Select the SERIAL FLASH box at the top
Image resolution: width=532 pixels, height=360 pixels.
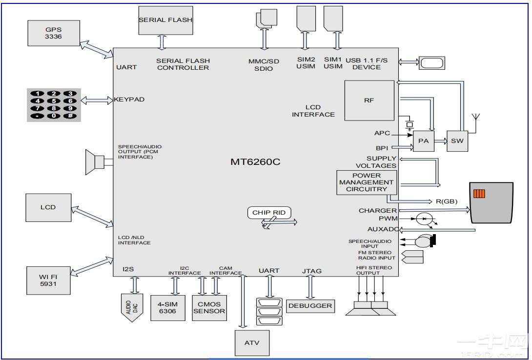[x=165, y=20]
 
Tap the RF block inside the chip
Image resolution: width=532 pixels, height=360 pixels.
[x=369, y=100]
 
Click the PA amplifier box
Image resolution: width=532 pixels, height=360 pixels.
[x=423, y=141]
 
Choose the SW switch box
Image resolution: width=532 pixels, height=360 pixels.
[x=457, y=141]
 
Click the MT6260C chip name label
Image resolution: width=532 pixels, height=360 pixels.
[x=255, y=162]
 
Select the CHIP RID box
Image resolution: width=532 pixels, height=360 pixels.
[x=269, y=213]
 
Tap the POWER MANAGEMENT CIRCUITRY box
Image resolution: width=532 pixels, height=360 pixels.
[x=366, y=182]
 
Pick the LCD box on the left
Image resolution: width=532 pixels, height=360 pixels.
[x=48, y=207]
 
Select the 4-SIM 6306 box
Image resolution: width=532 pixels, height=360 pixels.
[x=168, y=308]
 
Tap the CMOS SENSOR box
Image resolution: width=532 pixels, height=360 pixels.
[x=209, y=308]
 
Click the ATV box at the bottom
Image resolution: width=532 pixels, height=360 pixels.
[x=251, y=342]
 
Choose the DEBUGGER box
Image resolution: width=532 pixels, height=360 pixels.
[x=310, y=306]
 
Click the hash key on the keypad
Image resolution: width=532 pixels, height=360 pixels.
[x=70, y=116]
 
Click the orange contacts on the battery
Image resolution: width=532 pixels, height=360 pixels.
[x=479, y=194]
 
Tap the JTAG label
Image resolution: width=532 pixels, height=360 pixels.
[x=311, y=271]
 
